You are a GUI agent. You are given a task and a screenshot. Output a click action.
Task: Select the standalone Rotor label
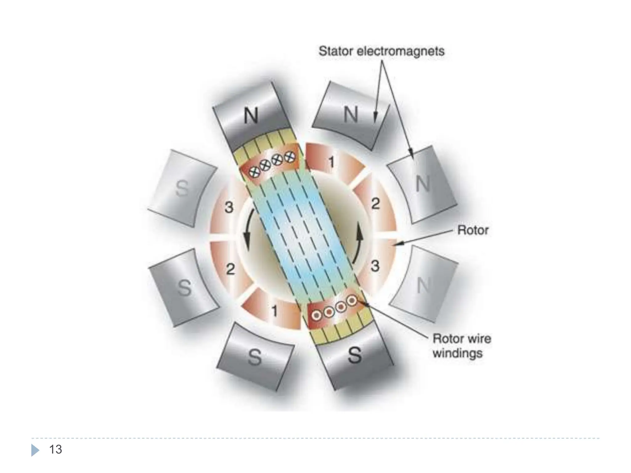point(473,230)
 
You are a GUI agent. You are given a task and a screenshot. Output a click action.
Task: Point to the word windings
point(457,353)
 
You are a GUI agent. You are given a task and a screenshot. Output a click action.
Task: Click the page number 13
point(55,450)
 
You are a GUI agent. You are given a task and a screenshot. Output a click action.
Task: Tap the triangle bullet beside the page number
point(35,450)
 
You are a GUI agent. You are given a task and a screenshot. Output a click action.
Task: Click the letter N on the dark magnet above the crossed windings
point(251,116)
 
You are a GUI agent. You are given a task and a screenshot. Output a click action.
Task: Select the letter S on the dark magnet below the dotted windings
point(355,355)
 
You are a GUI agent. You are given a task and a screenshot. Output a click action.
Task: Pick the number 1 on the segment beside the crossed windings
point(331,162)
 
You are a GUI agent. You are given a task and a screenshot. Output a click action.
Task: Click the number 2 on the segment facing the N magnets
point(375,204)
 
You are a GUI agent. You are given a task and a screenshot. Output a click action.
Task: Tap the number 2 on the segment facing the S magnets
point(230,269)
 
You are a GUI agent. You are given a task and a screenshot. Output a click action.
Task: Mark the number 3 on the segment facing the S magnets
point(229,207)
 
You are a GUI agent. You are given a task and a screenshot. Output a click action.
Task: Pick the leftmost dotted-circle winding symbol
point(316,315)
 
